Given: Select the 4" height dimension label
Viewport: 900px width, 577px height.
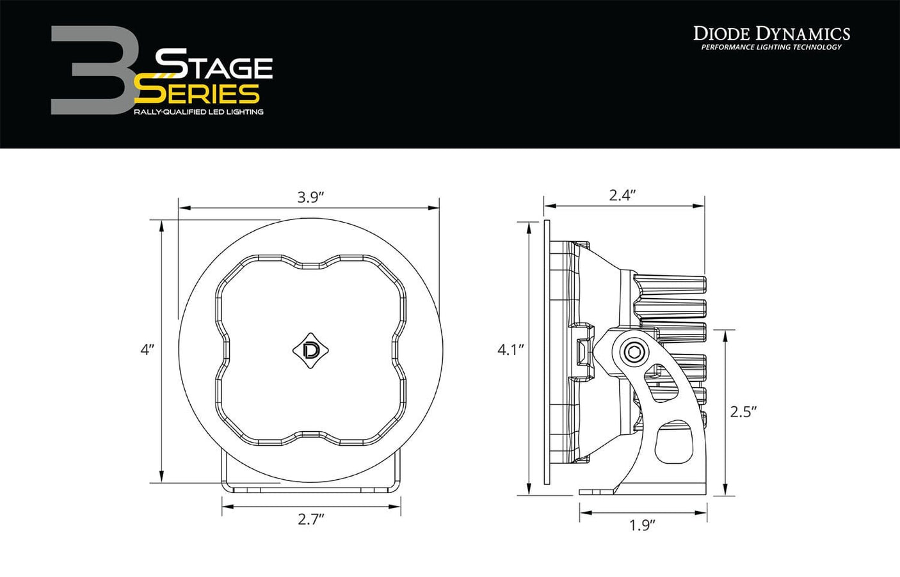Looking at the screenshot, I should (148, 350).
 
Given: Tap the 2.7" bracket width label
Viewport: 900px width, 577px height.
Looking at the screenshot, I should (311, 519).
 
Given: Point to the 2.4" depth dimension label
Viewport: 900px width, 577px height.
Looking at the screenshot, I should (622, 196).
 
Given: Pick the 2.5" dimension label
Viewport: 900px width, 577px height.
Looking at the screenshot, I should (744, 411).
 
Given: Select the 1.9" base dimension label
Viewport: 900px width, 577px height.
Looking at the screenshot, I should (642, 526).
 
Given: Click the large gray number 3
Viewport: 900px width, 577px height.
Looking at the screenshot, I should (90, 70).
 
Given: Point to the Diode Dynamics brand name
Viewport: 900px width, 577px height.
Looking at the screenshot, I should (771, 33).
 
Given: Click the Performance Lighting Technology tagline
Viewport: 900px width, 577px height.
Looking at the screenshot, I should (771, 47).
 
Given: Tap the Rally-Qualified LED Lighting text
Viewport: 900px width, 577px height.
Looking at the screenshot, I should (198, 112).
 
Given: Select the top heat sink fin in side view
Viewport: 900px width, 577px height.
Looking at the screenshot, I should (671, 285).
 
